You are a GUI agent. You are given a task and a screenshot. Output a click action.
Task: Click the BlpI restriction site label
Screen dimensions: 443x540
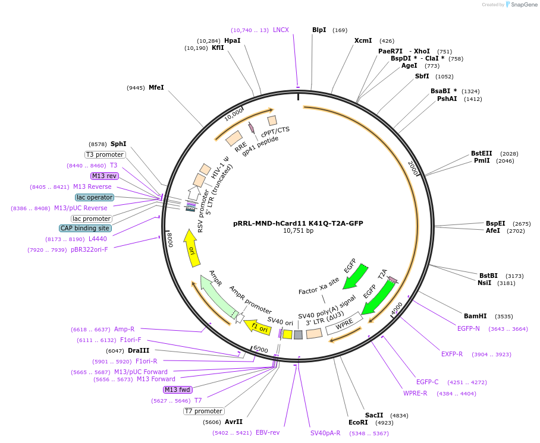tap(319, 30)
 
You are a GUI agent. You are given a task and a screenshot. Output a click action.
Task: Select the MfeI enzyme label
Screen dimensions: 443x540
tap(156, 87)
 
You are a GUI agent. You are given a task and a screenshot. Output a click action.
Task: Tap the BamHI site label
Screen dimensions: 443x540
tap(475, 316)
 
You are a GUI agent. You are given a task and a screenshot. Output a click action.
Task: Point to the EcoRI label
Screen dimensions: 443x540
tap(358, 422)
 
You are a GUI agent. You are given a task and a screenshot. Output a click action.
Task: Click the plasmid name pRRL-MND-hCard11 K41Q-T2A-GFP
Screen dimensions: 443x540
tap(298, 223)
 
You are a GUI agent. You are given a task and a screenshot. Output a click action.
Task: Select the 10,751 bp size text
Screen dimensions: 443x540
tap(298, 230)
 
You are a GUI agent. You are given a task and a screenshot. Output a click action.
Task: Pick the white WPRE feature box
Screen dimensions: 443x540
tap(344, 323)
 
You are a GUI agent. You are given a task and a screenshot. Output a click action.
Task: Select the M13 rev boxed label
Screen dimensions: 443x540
tap(104, 176)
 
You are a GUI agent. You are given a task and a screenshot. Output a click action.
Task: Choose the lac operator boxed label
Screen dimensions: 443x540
tap(95, 197)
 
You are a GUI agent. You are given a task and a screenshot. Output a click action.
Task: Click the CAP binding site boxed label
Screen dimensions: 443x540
tap(85, 228)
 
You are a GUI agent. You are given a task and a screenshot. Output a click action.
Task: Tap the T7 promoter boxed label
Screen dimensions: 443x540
tap(203, 411)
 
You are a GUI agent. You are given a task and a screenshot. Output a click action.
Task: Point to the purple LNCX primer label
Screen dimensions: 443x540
tap(281, 30)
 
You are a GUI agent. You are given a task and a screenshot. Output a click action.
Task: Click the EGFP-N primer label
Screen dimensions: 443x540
tap(468, 328)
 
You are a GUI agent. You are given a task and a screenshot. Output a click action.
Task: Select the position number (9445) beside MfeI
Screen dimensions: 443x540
tap(136, 88)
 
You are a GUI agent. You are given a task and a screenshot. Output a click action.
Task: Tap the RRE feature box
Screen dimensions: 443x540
tap(234, 138)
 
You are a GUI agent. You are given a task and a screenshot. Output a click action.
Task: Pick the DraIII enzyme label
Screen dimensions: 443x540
tap(139, 350)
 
